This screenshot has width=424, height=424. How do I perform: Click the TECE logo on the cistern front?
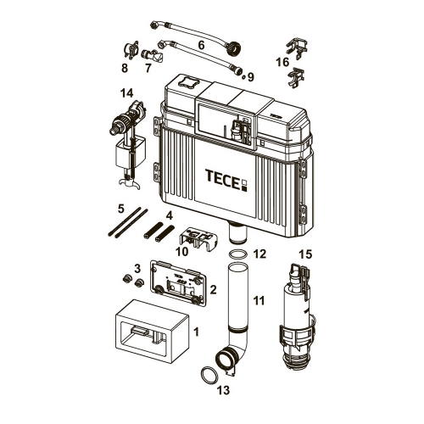tap(226, 180)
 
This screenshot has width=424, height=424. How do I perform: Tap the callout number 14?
tap(126, 93)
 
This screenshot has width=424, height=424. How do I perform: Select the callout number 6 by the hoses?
tap(201, 45)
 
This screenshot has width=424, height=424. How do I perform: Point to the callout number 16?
tap(282, 62)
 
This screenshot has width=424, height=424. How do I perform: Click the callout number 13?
tap(223, 390)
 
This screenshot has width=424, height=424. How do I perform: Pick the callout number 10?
tap(182, 251)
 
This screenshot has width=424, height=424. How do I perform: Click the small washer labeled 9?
tap(243, 77)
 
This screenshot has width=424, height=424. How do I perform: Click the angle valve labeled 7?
tap(153, 57)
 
